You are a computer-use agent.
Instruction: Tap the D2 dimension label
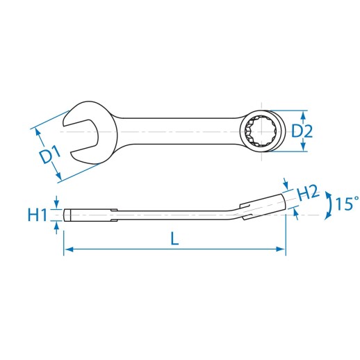click(302, 131)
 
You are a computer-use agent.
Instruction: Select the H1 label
click(38, 215)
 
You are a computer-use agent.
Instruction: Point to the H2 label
click(309, 193)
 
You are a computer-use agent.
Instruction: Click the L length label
click(174, 238)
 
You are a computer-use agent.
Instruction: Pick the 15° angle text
click(347, 204)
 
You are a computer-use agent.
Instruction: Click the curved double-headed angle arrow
click(329, 205)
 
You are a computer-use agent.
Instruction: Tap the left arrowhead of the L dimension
click(69, 249)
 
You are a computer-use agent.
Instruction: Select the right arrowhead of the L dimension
click(281, 249)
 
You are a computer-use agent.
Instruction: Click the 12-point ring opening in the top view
click(261, 131)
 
